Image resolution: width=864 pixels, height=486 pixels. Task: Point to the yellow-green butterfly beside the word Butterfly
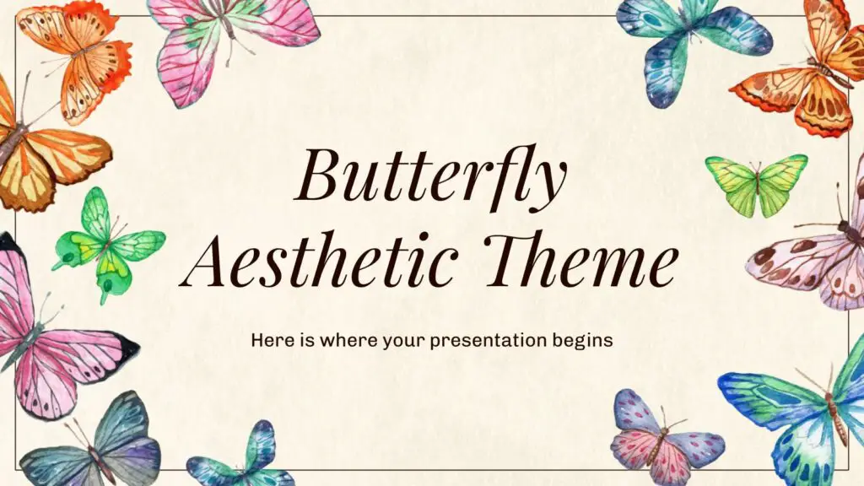(x=757, y=184)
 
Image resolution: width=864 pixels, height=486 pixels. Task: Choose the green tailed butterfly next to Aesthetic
(x=106, y=243)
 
